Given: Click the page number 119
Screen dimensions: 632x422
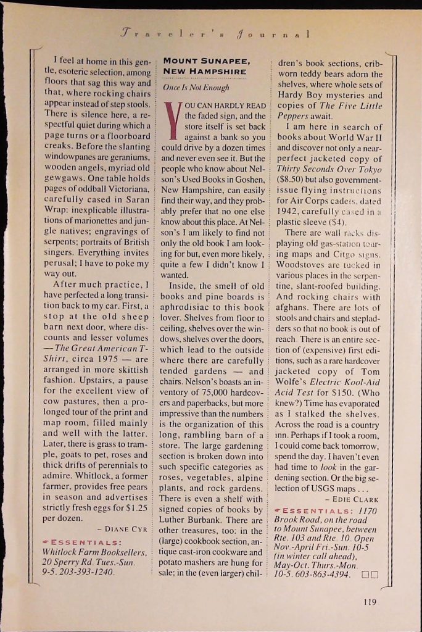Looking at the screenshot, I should (x=370, y=602).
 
